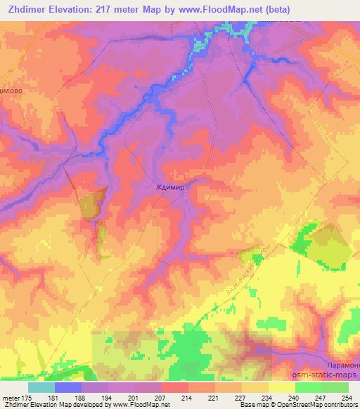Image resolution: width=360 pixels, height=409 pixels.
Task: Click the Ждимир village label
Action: (169, 188)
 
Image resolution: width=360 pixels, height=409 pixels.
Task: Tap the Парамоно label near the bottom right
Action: (344, 366)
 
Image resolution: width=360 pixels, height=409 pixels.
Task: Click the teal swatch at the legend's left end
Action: (41, 387)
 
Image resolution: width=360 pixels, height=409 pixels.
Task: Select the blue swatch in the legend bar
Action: (68, 387)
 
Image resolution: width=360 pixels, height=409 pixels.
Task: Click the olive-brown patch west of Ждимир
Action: (90, 204)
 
